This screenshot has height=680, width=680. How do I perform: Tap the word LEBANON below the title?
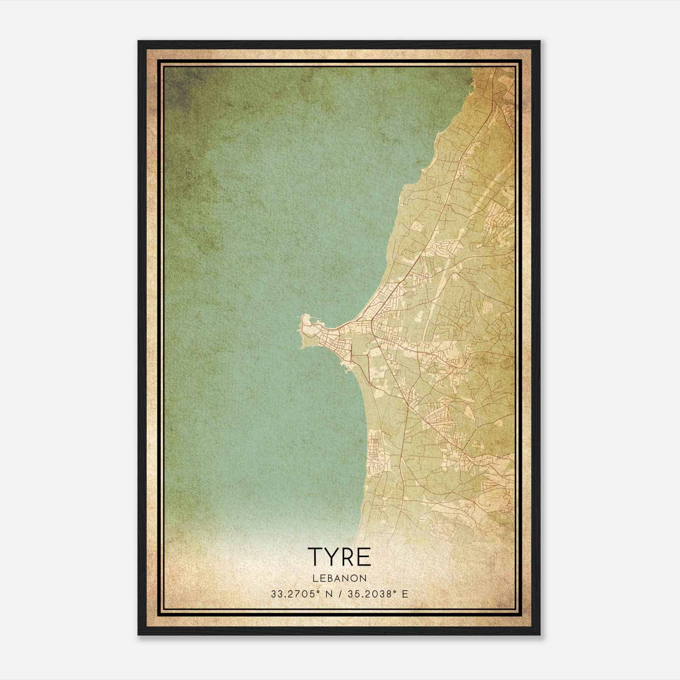coord(340,578)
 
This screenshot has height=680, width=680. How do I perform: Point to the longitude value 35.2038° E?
coord(378,594)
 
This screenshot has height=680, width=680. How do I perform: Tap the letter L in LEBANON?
coord(315,578)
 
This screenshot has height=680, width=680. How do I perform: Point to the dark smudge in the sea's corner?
coord(181,87)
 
